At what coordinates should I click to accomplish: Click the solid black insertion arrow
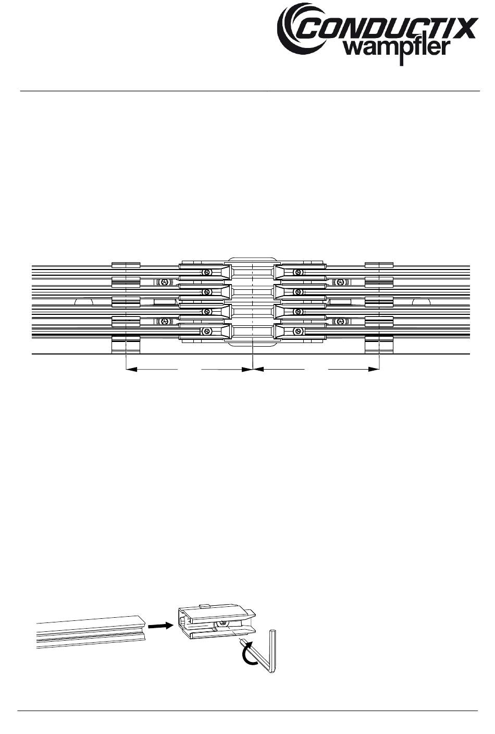pyautogui.click(x=160, y=625)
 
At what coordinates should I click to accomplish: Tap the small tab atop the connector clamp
pyautogui.click(x=205, y=606)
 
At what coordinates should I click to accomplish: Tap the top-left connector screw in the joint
pyautogui.click(x=207, y=273)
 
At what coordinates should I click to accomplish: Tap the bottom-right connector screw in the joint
pyautogui.click(x=298, y=331)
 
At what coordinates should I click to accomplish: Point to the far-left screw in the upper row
pyautogui.click(x=165, y=282)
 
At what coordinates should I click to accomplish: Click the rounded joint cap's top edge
pyautogui.click(x=252, y=257)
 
